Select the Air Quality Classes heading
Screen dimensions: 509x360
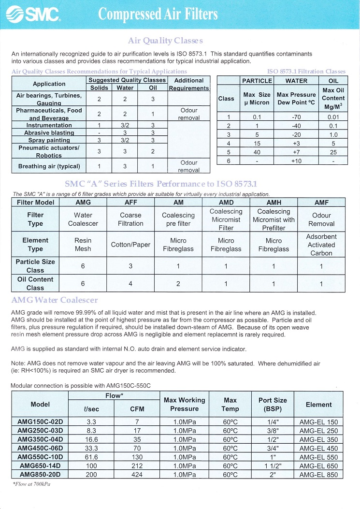coord(165,41)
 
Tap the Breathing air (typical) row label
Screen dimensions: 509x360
coord(49,166)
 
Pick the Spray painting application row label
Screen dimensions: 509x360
coord(49,140)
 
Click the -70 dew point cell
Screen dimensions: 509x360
coord(296,116)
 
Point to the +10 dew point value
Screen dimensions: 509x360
coord(296,161)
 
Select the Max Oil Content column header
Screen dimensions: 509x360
coord(333,98)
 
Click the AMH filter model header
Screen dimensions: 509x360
coord(274,203)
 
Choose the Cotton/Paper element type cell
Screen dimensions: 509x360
coord(130,245)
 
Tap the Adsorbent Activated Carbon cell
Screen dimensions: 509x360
coord(321,245)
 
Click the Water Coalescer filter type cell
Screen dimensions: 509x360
coord(83,219)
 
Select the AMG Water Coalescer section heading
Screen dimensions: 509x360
coord(55,301)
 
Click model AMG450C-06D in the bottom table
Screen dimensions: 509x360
coord(41,448)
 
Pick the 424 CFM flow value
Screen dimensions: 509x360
coord(137,474)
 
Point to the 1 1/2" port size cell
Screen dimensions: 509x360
coord(273,465)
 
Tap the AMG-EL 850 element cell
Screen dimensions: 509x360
coord(319,474)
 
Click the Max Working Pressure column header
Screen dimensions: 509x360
coord(185,404)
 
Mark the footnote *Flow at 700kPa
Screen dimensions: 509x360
coord(31,484)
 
